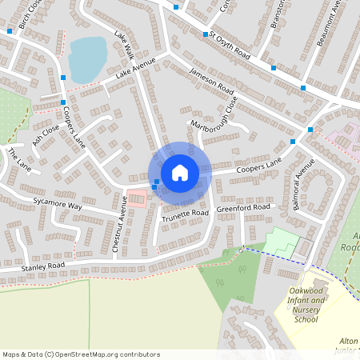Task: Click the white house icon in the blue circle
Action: (x=180, y=172)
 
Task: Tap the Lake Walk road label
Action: (x=123, y=47)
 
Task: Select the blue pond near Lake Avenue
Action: (x=87, y=58)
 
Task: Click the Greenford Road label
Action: (x=244, y=207)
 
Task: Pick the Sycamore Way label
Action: (x=57, y=203)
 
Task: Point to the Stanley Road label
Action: (x=43, y=265)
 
